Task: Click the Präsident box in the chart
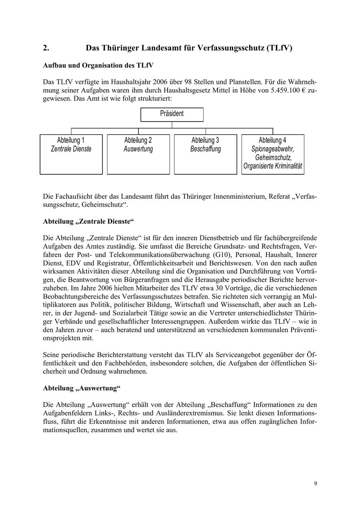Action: click(172, 114)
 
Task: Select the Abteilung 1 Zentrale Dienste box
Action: click(71, 154)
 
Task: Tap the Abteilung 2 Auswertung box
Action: click(138, 154)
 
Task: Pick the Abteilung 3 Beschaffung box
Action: click(206, 154)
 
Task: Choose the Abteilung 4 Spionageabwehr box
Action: click(273, 154)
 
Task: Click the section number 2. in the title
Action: click(46, 48)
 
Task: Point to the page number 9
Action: click(316, 484)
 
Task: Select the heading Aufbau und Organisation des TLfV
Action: click(98, 65)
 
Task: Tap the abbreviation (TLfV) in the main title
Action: click(278, 48)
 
